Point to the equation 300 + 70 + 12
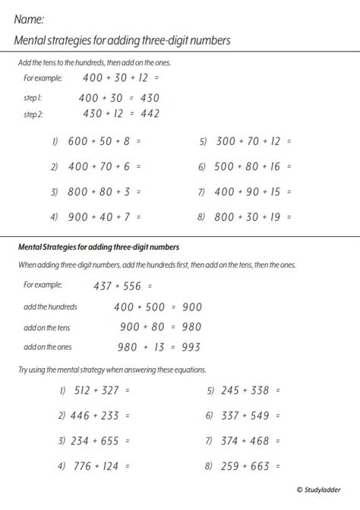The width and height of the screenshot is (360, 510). (254, 141)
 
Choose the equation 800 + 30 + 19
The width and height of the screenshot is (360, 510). (254, 216)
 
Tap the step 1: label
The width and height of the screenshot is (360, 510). (33, 97)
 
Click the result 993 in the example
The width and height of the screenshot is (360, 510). (191, 348)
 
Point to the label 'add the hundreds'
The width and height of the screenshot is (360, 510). (51, 307)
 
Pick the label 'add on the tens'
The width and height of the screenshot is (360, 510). (46, 327)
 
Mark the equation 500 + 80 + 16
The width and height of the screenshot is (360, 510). (254, 166)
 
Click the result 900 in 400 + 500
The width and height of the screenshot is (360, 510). (191, 307)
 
